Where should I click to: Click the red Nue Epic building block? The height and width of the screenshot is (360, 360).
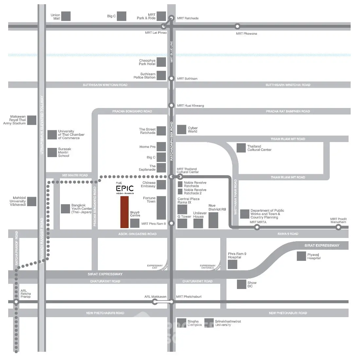pos(124,212)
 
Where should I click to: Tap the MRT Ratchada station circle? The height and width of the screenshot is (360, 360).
pos(171,18)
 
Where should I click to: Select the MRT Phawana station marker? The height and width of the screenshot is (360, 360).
pos(238,27)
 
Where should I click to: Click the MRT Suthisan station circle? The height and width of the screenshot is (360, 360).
pos(171,79)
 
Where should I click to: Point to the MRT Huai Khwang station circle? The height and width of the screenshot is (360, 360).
pos(171,105)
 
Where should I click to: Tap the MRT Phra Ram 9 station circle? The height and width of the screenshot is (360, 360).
pos(171,224)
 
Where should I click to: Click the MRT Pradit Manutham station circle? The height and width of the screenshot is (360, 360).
pos(338,227)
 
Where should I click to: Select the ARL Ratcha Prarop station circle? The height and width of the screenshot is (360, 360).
pos(16,302)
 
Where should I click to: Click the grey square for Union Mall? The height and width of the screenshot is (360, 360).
pos(66,16)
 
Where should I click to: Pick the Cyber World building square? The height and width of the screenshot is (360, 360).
pos(182,129)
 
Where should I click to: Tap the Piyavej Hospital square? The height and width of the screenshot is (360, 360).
pos(301,256)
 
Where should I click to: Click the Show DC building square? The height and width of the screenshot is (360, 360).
pos(242,284)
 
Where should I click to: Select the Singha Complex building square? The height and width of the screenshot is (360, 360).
pos(182,323)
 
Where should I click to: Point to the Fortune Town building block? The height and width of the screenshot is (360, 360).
pos(161,208)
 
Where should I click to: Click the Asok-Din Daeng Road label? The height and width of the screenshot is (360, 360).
pos(137,234)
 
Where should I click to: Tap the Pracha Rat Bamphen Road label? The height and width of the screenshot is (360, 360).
pos(288,111)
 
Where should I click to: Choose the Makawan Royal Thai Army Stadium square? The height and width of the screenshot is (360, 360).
pos(32,120)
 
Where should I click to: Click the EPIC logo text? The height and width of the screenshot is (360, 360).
pos(125,188)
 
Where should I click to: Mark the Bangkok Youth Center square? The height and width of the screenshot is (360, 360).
pos(65,209)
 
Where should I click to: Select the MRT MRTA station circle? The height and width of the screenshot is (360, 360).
pos(257,227)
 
